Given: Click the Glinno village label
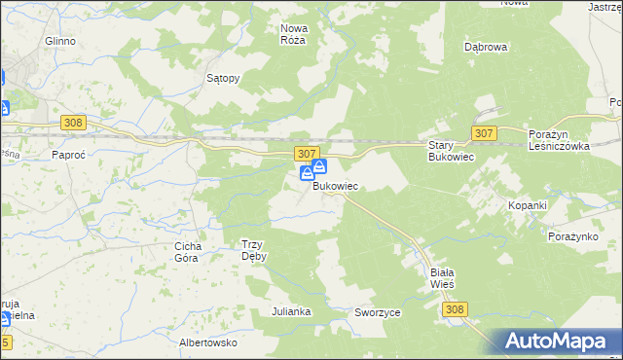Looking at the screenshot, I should click(59, 42).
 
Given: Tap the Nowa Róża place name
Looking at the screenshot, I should click(293, 34).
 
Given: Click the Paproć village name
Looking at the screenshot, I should click(71, 154).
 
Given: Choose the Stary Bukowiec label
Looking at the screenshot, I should click(450, 151).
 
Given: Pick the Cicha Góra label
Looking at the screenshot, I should click(186, 252).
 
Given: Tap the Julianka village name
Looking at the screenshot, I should click(291, 311).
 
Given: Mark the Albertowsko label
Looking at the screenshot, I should click(208, 342).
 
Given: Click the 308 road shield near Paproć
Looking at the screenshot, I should click(73, 123).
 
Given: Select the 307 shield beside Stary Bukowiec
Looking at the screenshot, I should click(484, 131).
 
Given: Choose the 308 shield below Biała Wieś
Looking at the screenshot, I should click(454, 308).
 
